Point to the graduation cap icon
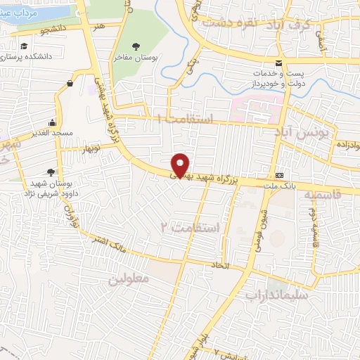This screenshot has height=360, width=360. point(25,45)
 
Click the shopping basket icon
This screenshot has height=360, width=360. point(70,84)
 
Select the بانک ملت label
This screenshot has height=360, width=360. point(281,186)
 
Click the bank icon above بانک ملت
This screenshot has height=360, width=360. point(281,175)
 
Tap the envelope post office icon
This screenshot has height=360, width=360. point(280,61)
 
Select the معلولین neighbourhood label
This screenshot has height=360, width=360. point(130,278)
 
